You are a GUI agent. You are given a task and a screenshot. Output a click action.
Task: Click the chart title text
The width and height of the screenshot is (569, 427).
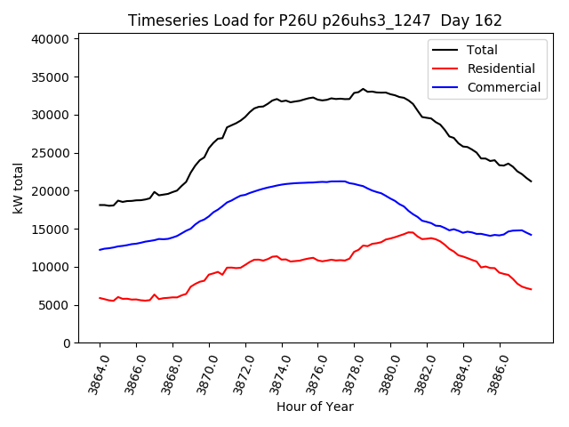315,20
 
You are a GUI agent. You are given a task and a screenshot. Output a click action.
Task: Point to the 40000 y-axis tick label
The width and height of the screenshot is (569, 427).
51,39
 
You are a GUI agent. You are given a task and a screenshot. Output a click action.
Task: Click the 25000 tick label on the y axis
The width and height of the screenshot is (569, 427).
51,153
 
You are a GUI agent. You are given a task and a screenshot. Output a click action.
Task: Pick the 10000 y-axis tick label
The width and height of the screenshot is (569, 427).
51,267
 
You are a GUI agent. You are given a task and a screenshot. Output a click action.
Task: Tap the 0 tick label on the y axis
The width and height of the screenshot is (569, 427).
66,343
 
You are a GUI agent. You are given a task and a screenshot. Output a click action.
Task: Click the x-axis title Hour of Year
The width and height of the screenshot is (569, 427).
315,407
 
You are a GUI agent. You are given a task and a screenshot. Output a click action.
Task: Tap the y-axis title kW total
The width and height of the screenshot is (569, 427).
18,189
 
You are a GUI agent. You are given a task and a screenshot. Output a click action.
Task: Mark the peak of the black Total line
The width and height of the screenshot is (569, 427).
363,89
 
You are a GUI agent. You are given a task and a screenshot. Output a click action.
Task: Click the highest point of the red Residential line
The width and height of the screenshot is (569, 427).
410,232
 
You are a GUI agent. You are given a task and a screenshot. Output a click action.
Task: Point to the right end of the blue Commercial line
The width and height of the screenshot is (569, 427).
531,235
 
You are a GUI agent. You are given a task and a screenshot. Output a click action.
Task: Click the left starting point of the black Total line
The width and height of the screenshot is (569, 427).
100,205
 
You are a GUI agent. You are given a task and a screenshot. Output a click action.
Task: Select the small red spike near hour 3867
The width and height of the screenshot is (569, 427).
154,294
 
